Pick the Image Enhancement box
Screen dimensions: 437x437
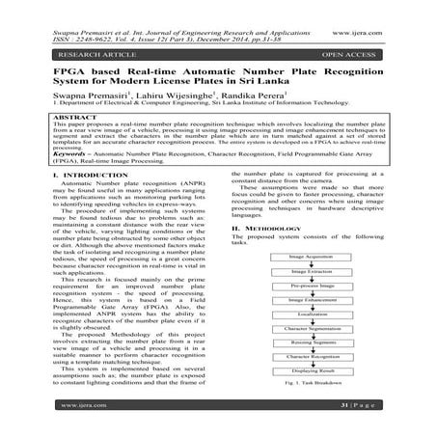click(x=311, y=302)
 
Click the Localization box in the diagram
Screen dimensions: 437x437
click(x=311, y=315)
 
